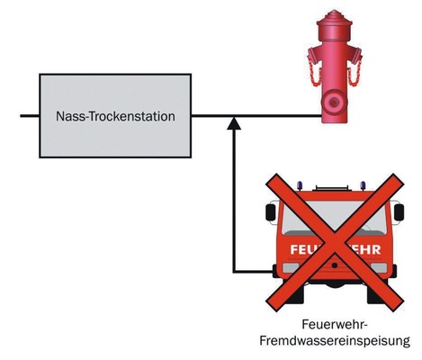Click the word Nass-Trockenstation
pyautogui.click(x=115, y=116)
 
